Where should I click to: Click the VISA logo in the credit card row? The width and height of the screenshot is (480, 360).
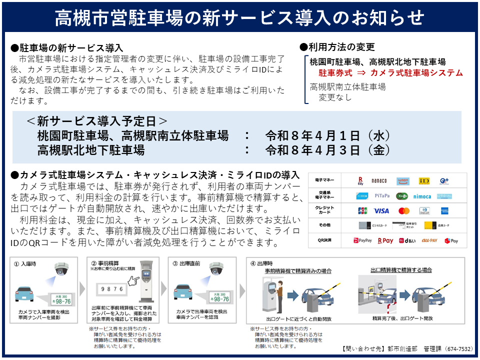(x=381, y=211)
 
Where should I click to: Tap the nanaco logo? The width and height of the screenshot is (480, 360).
(x=379, y=180)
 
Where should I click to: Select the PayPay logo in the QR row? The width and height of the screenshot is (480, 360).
(x=363, y=241)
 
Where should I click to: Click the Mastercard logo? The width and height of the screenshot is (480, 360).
(x=404, y=211)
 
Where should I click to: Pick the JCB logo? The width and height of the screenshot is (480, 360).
(x=362, y=211)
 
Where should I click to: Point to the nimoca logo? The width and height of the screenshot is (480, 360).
(x=422, y=196)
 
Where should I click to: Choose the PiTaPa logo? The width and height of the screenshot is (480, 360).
(x=381, y=196)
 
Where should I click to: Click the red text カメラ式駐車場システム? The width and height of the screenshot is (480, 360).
(x=416, y=73)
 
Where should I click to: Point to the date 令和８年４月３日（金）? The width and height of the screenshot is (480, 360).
(x=327, y=150)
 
